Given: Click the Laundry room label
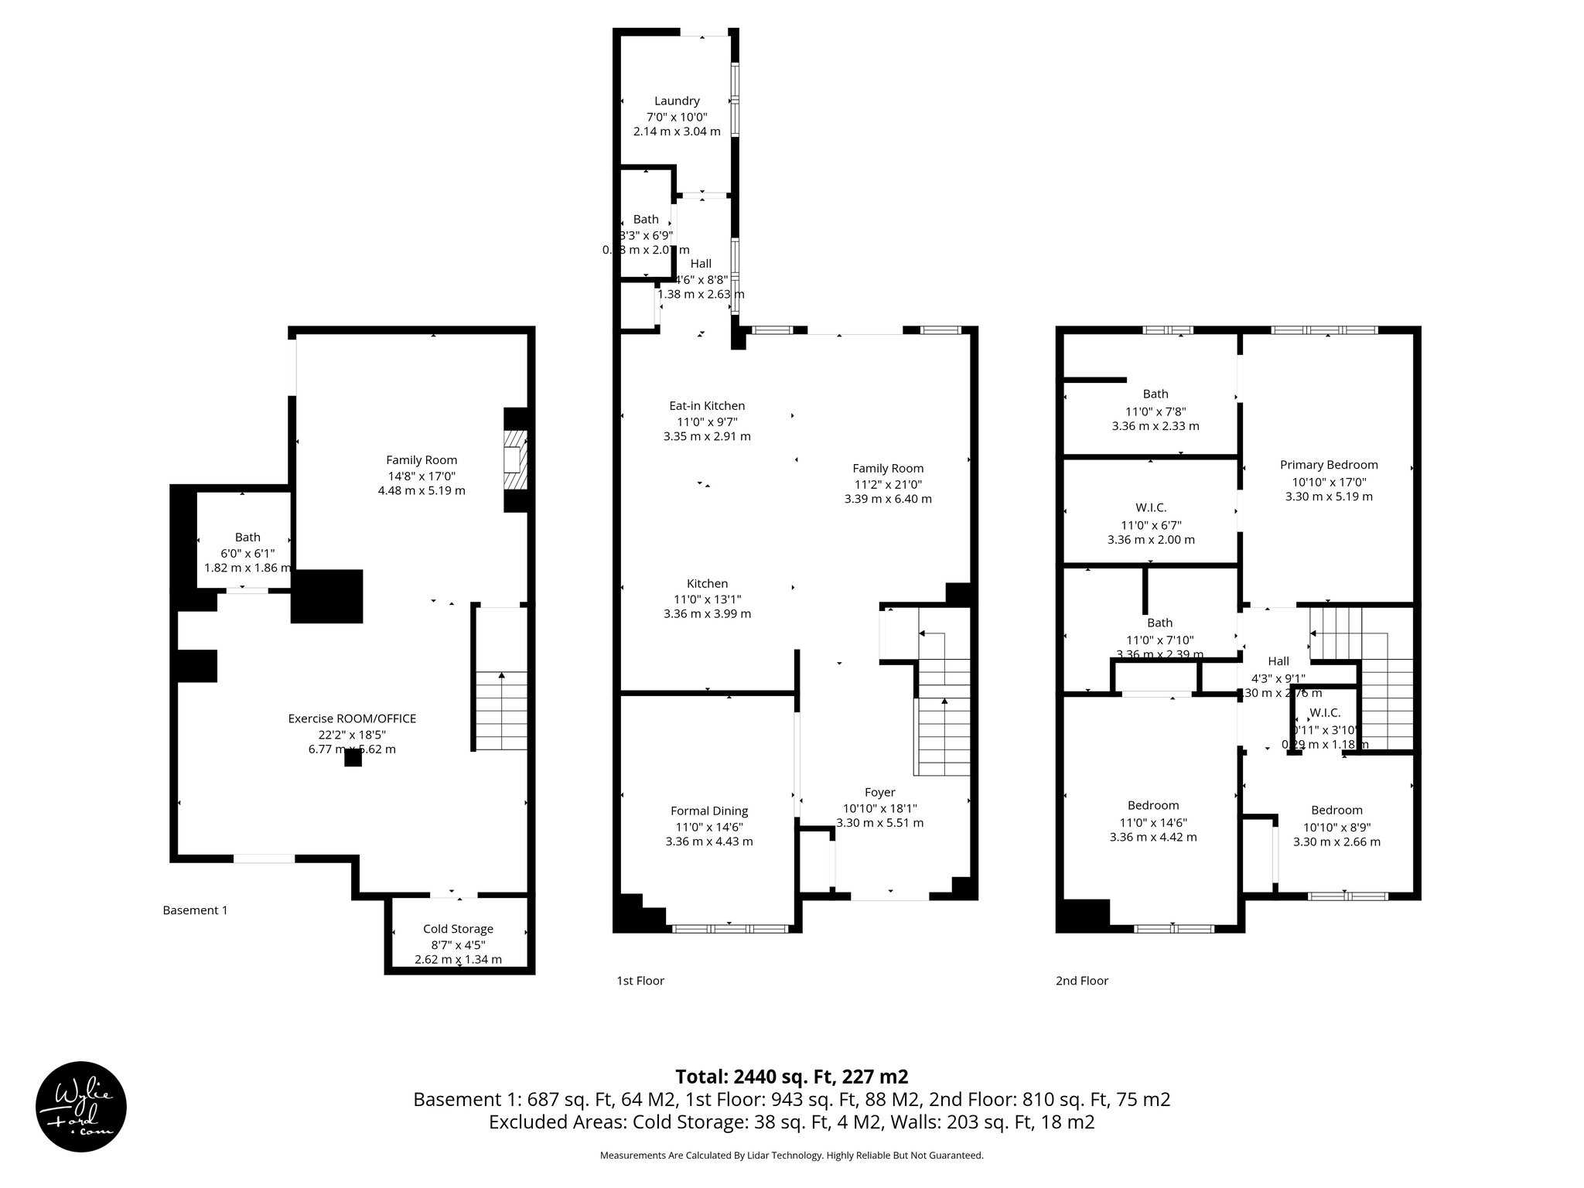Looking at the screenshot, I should tap(677, 101).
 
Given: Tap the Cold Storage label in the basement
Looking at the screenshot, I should tap(458, 929).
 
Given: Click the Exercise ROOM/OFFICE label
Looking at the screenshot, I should tap(352, 719).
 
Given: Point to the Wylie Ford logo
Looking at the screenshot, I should tap(80, 1106).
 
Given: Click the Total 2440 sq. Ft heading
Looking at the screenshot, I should tap(791, 1077).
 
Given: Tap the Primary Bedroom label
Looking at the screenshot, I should tap(1329, 465).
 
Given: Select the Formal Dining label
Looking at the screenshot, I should tap(708, 811).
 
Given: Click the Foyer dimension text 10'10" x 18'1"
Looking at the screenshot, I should tap(879, 808).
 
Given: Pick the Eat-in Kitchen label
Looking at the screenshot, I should tap(707, 405).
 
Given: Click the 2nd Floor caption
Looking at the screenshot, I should tap(1081, 981).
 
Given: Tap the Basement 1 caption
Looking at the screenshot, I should tap(195, 910).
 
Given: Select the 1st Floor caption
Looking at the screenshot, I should tap(640, 981).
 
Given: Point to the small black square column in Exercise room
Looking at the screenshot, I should tap(353, 758).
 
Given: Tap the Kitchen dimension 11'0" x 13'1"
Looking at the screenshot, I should tap(707, 599).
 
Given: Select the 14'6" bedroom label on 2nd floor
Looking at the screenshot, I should tap(1152, 805).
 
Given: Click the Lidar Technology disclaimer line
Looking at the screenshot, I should tap(791, 1156).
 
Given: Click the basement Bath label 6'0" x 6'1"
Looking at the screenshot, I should tap(247, 537).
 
